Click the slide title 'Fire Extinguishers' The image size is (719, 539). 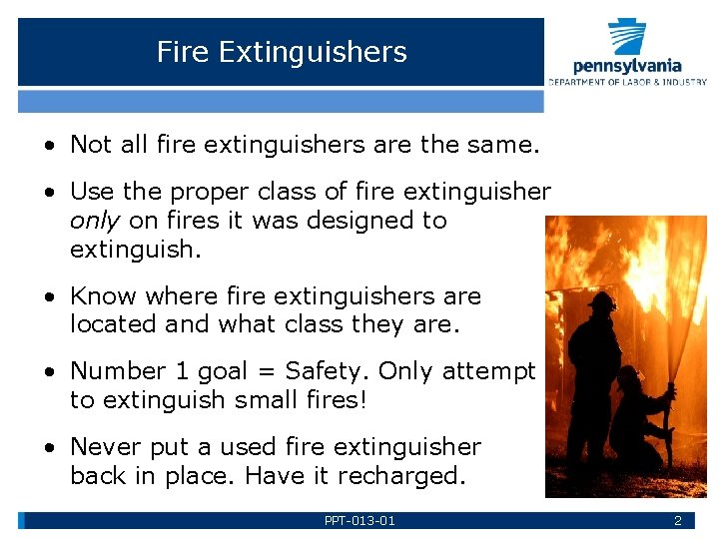click(282, 52)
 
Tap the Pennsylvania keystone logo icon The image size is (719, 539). click(627, 37)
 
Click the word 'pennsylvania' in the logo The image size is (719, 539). click(627, 66)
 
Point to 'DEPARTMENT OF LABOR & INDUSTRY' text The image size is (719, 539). click(627, 82)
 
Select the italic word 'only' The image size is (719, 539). click(96, 221)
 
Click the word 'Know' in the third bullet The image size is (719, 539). click(102, 296)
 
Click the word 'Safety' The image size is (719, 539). click(327, 371)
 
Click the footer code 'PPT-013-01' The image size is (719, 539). click(359, 520)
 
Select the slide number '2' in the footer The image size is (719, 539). click(677, 520)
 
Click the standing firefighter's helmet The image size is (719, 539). click(602, 300)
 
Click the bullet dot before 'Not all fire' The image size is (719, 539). click(49, 146)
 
